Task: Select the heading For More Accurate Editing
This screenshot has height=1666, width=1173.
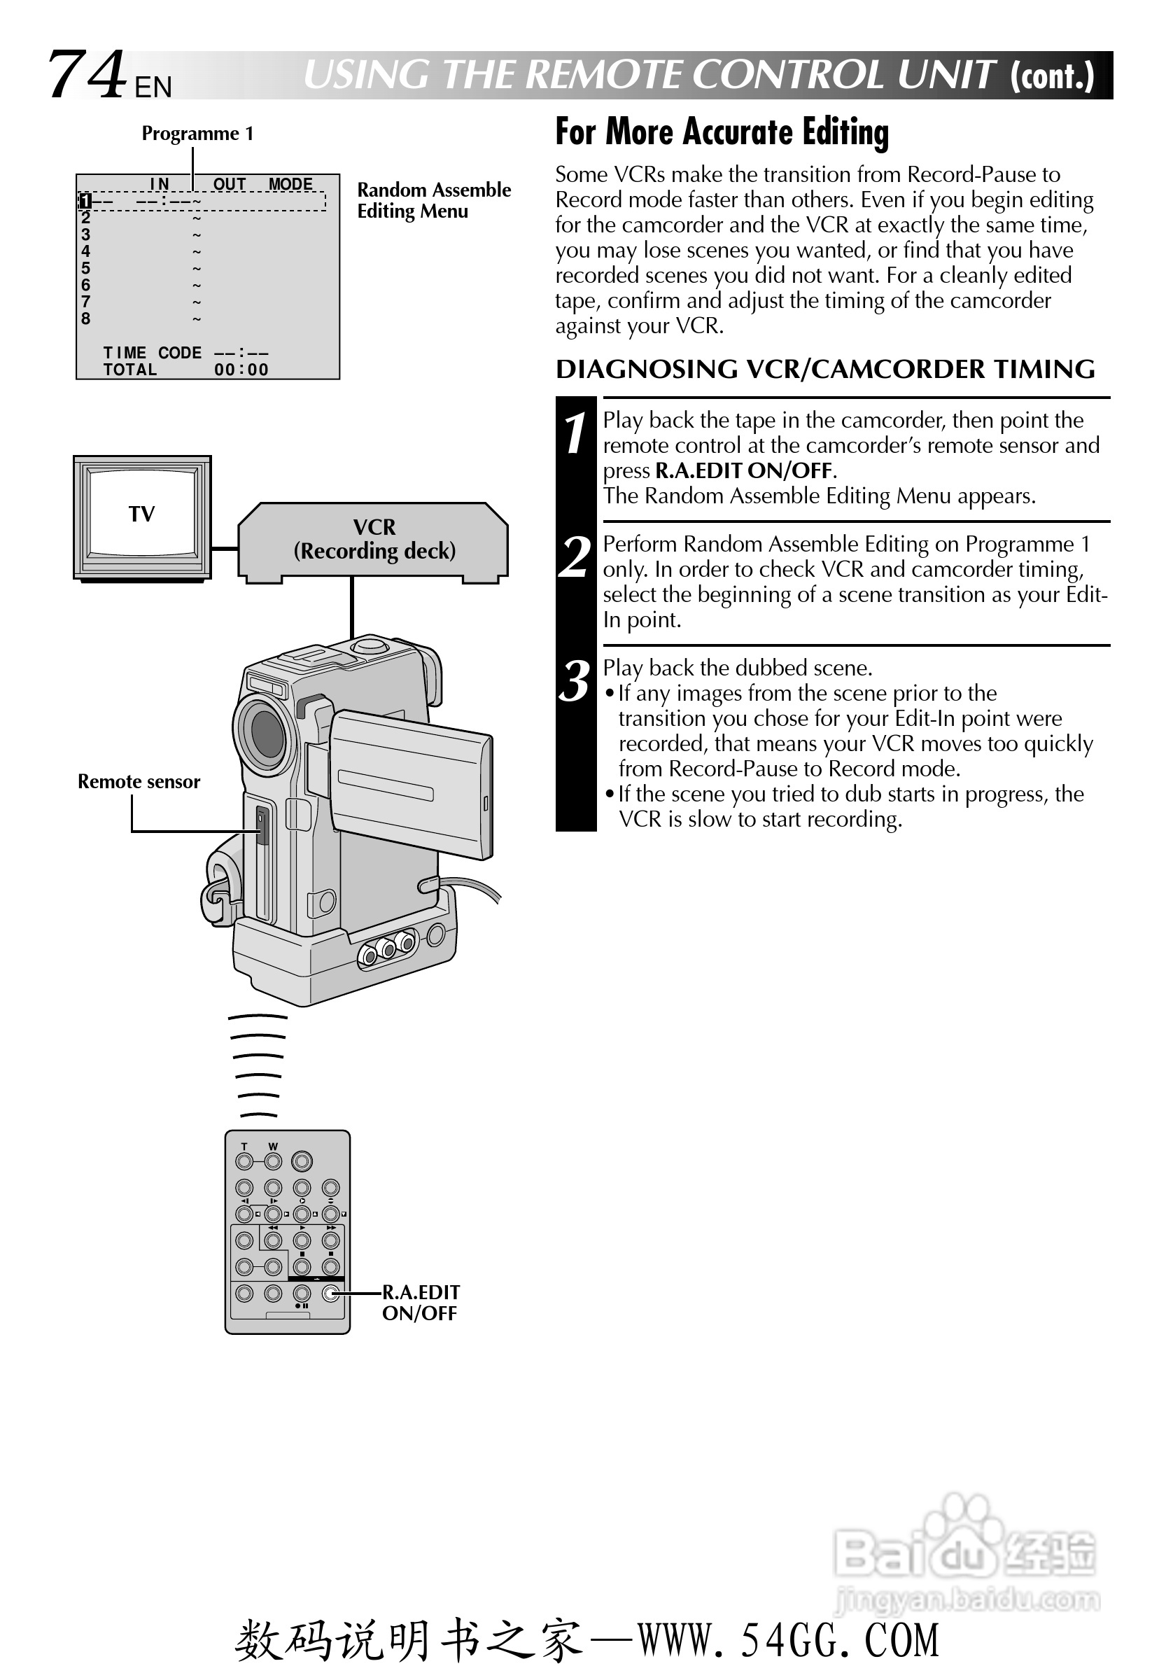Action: point(721,132)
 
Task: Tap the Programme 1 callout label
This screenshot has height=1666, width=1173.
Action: point(197,134)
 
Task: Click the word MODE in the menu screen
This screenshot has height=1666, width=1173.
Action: point(290,184)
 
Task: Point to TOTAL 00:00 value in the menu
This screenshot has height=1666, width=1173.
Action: point(241,370)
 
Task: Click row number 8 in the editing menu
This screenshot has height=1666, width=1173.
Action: point(85,319)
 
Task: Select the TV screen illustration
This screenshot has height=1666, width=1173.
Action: point(142,514)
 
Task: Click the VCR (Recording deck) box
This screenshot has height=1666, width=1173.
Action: point(374,540)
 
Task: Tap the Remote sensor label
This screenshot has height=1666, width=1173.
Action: point(139,781)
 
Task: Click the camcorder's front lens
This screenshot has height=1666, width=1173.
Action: point(265,733)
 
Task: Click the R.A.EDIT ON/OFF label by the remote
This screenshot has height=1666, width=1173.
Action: point(420,1303)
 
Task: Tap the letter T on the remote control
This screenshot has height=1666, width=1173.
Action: point(244,1147)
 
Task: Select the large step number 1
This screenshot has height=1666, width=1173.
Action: point(575,434)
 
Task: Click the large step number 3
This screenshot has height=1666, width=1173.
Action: point(575,680)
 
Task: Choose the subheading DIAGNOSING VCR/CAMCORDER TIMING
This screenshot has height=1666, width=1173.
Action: point(824,370)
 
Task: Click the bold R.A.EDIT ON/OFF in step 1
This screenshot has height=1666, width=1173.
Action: point(743,471)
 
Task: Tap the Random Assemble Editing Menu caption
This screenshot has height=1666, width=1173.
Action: point(433,200)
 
